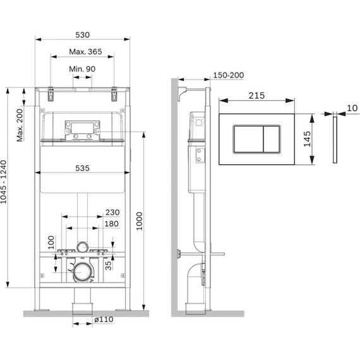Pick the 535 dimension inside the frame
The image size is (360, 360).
[x=83, y=167]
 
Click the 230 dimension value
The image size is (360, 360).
[x=112, y=213]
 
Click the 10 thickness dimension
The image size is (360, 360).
[x=351, y=109]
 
